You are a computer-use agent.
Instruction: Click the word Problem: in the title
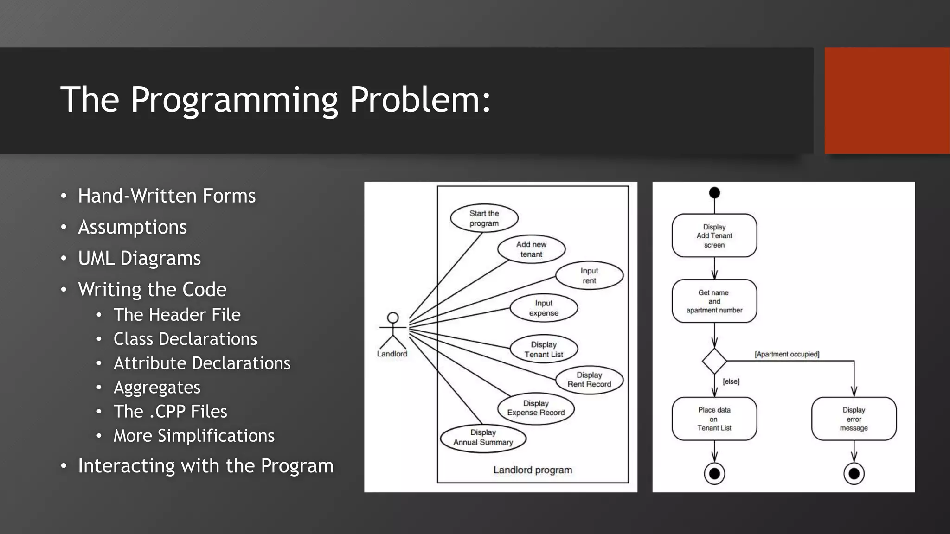pyautogui.click(x=420, y=100)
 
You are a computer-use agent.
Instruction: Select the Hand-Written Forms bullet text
pyautogui.click(x=167, y=196)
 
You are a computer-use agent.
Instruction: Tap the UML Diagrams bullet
pyautogui.click(x=139, y=258)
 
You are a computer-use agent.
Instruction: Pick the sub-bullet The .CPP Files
pyautogui.click(x=170, y=412)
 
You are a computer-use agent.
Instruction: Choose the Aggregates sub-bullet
pyautogui.click(x=157, y=388)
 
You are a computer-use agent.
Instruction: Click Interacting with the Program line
pyautogui.click(x=205, y=466)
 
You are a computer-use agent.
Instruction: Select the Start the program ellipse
pyautogui.click(x=484, y=218)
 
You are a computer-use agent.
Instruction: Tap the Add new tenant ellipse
pyautogui.click(x=531, y=249)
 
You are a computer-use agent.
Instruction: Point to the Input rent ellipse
pyautogui.click(x=589, y=276)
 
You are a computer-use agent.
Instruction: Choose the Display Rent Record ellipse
pyautogui.click(x=589, y=380)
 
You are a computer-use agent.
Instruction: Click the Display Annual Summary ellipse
pyautogui.click(x=483, y=438)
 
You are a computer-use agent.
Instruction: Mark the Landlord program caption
pyautogui.click(x=533, y=470)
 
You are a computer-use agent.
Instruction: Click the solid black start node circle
pyautogui.click(x=714, y=193)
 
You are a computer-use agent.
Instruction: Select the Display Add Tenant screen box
pyautogui.click(x=714, y=235)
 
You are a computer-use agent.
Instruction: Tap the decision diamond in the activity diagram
pyautogui.click(x=714, y=361)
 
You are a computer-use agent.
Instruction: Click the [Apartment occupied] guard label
pyautogui.click(x=787, y=354)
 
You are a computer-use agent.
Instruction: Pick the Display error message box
pyautogui.click(x=854, y=419)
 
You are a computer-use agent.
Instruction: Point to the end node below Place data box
pyautogui.click(x=714, y=474)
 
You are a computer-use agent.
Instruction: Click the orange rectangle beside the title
pyautogui.click(x=887, y=101)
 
